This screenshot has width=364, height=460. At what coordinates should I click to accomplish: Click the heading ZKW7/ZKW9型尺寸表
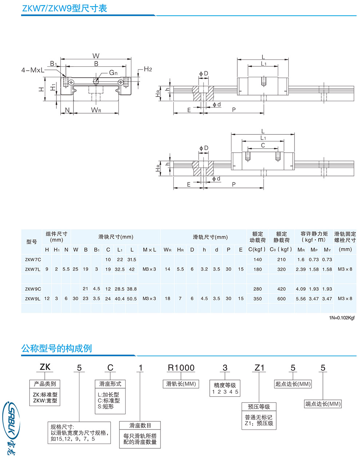[x=64, y=8]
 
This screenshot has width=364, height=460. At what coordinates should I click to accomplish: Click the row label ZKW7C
[x=33, y=260]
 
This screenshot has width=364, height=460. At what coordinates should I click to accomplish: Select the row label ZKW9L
[x=33, y=299]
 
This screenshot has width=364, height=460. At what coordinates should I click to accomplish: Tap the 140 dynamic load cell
[x=257, y=260]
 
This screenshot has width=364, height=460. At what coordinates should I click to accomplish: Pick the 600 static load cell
[x=281, y=299]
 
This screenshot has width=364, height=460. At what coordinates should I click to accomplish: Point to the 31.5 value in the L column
[x=132, y=260]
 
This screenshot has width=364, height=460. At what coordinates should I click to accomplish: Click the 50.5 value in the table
[x=132, y=299]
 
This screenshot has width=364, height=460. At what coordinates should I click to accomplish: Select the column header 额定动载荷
[x=257, y=237]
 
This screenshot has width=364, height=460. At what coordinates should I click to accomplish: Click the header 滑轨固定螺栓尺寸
[x=345, y=237]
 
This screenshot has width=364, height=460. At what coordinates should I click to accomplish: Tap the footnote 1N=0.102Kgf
[x=342, y=318]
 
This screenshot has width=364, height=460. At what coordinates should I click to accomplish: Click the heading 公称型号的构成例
[x=56, y=349]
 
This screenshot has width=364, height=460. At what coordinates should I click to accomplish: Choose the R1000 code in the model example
[x=181, y=368]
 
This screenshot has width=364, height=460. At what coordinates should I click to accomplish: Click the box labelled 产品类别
[x=45, y=384]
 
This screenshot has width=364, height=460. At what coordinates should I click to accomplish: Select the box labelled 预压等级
[x=259, y=407]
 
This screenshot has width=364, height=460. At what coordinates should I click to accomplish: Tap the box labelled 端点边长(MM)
[x=323, y=404]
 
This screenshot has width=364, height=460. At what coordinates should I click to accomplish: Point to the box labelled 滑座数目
[x=140, y=425]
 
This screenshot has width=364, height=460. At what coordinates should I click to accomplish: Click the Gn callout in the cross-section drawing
[x=113, y=73]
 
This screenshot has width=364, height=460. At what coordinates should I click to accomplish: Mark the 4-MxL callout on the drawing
[x=33, y=70]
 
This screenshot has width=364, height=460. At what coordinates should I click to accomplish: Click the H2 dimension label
[x=148, y=69]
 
